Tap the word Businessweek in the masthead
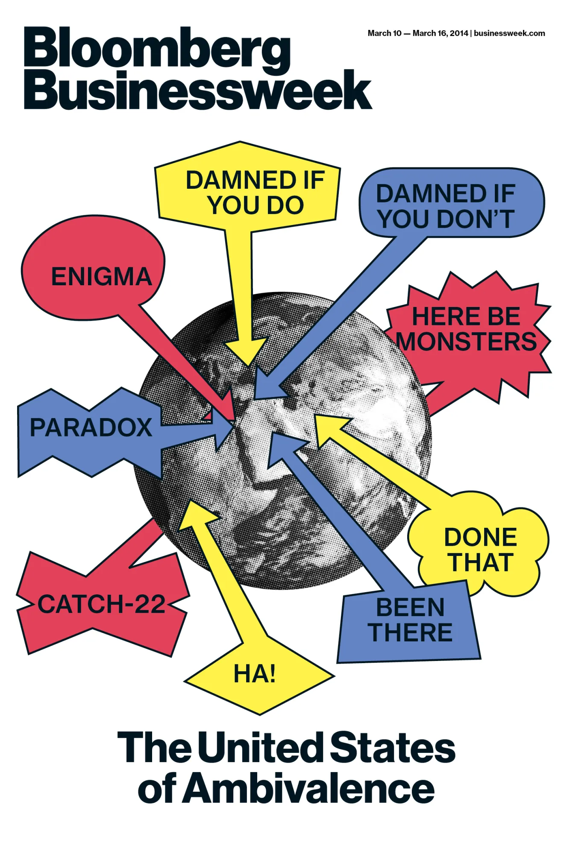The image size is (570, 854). (197, 90)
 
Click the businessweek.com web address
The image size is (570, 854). (509, 33)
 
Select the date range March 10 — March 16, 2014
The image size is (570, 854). (417, 33)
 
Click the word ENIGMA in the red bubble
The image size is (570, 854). (101, 277)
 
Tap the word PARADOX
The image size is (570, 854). (91, 427)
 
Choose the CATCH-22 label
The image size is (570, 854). (101, 604)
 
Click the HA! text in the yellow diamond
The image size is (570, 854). (255, 674)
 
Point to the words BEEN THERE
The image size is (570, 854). (410, 620)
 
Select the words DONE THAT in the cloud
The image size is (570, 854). (480, 550)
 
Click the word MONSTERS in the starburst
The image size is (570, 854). (467, 342)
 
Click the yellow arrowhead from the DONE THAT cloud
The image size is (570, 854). (329, 427)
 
